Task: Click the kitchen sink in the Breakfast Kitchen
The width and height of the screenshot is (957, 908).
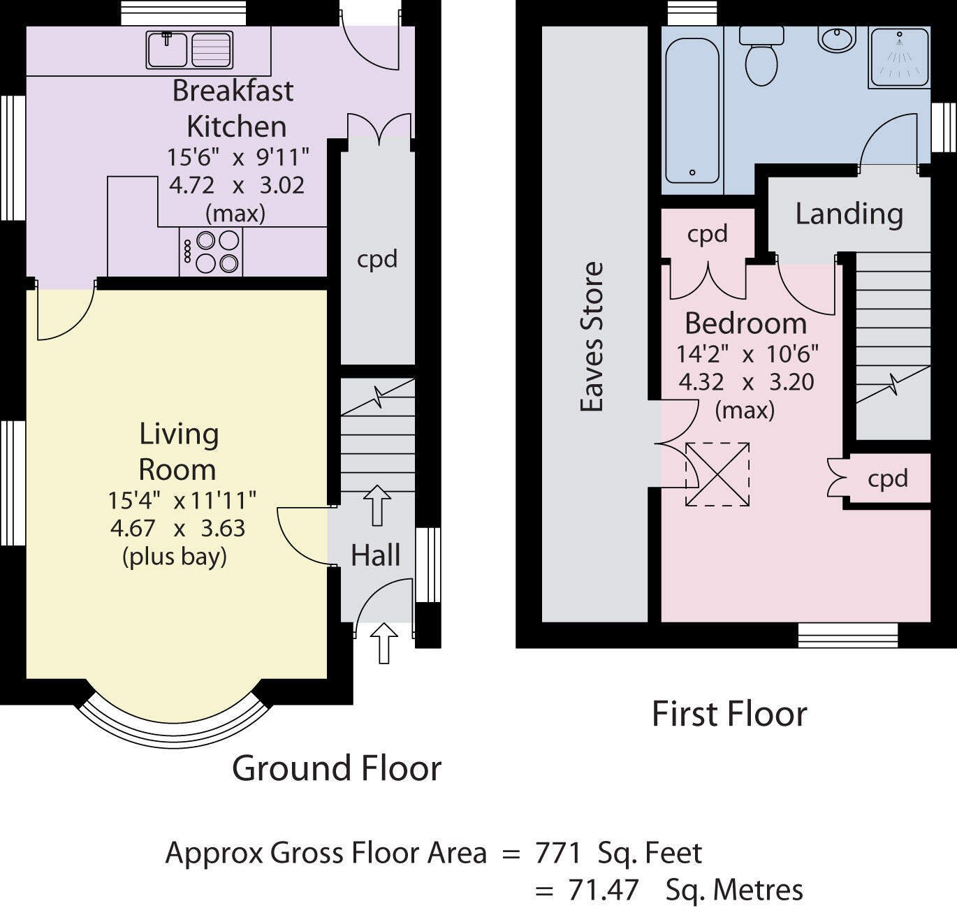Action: (x=189, y=50)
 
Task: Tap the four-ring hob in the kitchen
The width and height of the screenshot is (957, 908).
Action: (x=211, y=251)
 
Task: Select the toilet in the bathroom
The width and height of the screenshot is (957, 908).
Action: (x=761, y=55)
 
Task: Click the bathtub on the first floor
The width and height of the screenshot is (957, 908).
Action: (x=692, y=112)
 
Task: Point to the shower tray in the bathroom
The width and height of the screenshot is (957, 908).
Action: (x=900, y=57)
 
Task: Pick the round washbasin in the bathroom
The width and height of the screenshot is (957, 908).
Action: (x=837, y=38)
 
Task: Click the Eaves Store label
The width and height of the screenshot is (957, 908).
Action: (x=592, y=337)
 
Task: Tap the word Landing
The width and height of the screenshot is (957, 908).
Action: (x=849, y=214)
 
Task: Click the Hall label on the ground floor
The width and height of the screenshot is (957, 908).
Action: (x=375, y=555)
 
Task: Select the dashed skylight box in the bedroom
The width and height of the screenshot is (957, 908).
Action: (x=717, y=474)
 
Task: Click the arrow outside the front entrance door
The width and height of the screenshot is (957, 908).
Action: (x=384, y=643)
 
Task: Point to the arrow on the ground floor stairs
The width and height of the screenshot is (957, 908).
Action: (x=377, y=506)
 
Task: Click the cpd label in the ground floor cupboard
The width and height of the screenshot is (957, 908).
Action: (x=377, y=259)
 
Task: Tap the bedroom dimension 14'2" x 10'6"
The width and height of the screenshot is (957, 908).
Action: (x=747, y=354)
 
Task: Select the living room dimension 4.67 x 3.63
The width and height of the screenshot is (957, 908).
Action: (x=177, y=528)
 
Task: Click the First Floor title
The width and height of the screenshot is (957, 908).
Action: (x=729, y=715)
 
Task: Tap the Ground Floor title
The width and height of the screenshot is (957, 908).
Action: (x=337, y=768)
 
